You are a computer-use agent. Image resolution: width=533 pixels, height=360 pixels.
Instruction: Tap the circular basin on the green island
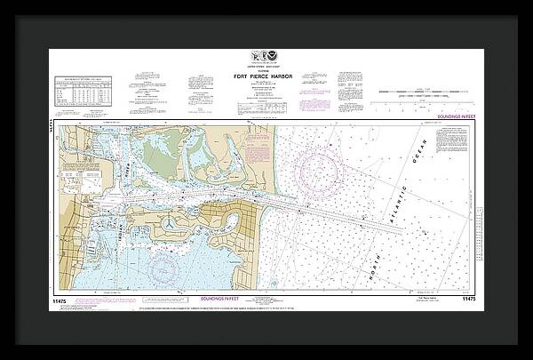[x=201, y=158]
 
